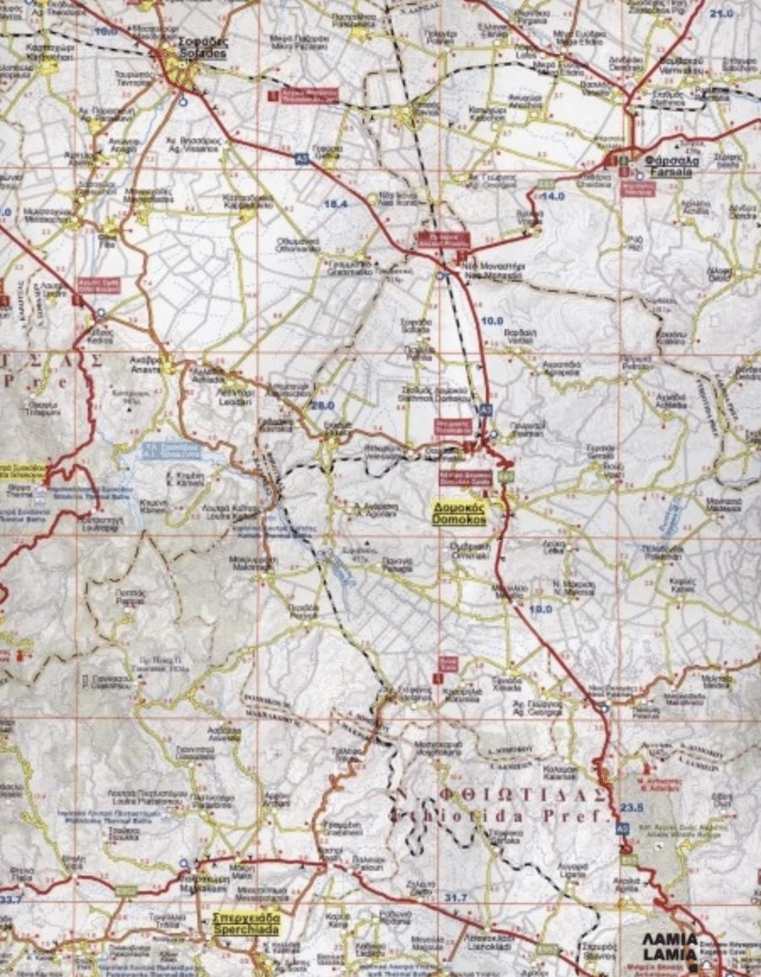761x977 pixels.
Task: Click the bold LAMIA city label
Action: click(x=670, y=944)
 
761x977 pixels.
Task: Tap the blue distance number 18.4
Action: click(x=335, y=205)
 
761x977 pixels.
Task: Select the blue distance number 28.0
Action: click(x=322, y=406)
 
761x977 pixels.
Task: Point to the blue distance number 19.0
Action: click(x=540, y=608)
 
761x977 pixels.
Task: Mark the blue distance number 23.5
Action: click(x=631, y=807)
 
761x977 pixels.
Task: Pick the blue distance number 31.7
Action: click(x=455, y=896)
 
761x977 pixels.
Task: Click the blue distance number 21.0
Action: click(x=721, y=14)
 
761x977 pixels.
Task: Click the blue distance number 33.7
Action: click(x=12, y=899)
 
